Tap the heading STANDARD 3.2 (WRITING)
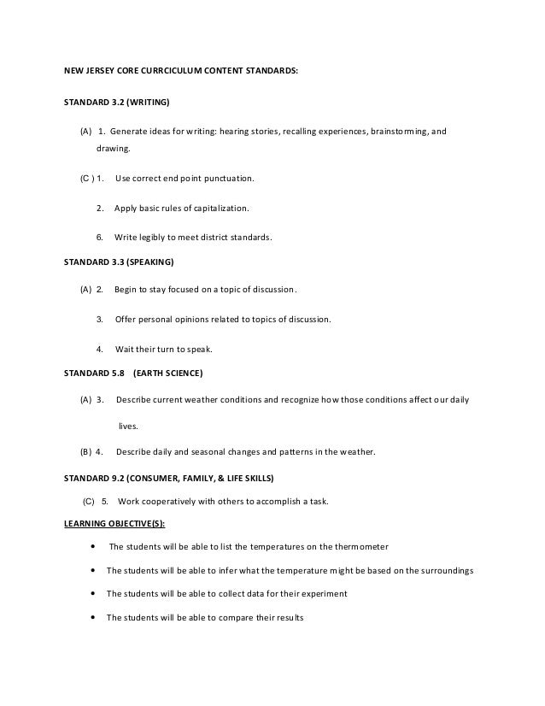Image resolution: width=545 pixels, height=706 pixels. click(118, 103)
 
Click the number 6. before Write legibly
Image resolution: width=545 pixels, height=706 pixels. click(100, 238)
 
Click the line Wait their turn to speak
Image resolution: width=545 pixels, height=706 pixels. click(163, 349)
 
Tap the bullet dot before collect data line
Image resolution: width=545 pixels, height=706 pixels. click(92, 593)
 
